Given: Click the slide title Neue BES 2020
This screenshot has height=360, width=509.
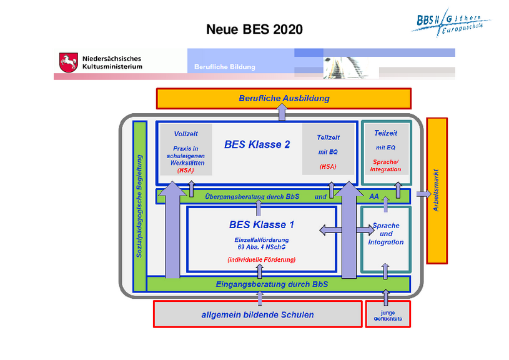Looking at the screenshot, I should tap(254, 29).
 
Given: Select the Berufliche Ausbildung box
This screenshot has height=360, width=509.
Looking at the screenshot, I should tap(284, 98).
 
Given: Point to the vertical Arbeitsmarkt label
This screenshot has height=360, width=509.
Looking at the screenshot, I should tap(437, 190).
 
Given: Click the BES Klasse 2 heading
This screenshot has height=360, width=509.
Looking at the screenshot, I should tap(257, 144).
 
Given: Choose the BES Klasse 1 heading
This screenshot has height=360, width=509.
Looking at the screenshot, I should tap(261, 224).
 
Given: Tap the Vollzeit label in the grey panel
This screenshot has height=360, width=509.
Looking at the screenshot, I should tap(185, 134).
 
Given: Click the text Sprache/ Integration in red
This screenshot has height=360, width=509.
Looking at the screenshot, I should tap(385, 166).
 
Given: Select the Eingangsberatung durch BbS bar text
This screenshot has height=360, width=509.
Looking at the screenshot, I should tap(272, 284).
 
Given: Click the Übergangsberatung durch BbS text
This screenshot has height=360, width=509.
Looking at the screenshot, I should tap(252, 196).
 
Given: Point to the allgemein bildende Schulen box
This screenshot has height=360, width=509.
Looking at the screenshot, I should tap(257, 314).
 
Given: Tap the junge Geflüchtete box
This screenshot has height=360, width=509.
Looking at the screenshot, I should tap(388, 315).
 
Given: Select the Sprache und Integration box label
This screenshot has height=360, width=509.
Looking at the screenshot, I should tap(385, 234).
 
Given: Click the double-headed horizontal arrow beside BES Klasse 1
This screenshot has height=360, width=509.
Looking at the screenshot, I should tap(338, 230).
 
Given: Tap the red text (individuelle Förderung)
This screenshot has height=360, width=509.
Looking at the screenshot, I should tap(261, 259).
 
